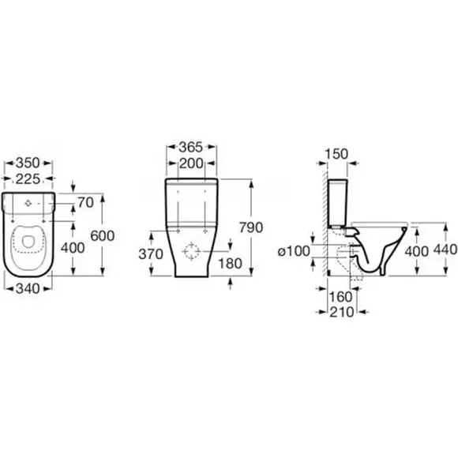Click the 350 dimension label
pyautogui.click(x=28, y=163)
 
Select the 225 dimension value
pyautogui.click(x=28, y=178)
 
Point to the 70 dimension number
pyautogui.click(x=86, y=202)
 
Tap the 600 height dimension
pyautogui.click(x=103, y=235)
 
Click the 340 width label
pyautogui.click(x=28, y=289)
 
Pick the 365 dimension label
pyautogui.click(x=191, y=147)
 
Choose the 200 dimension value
pyautogui.click(x=191, y=163)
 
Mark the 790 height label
pyautogui.click(x=251, y=227)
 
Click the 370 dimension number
pyautogui.click(x=151, y=254)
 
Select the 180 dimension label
pyautogui.click(x=231, y=264)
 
